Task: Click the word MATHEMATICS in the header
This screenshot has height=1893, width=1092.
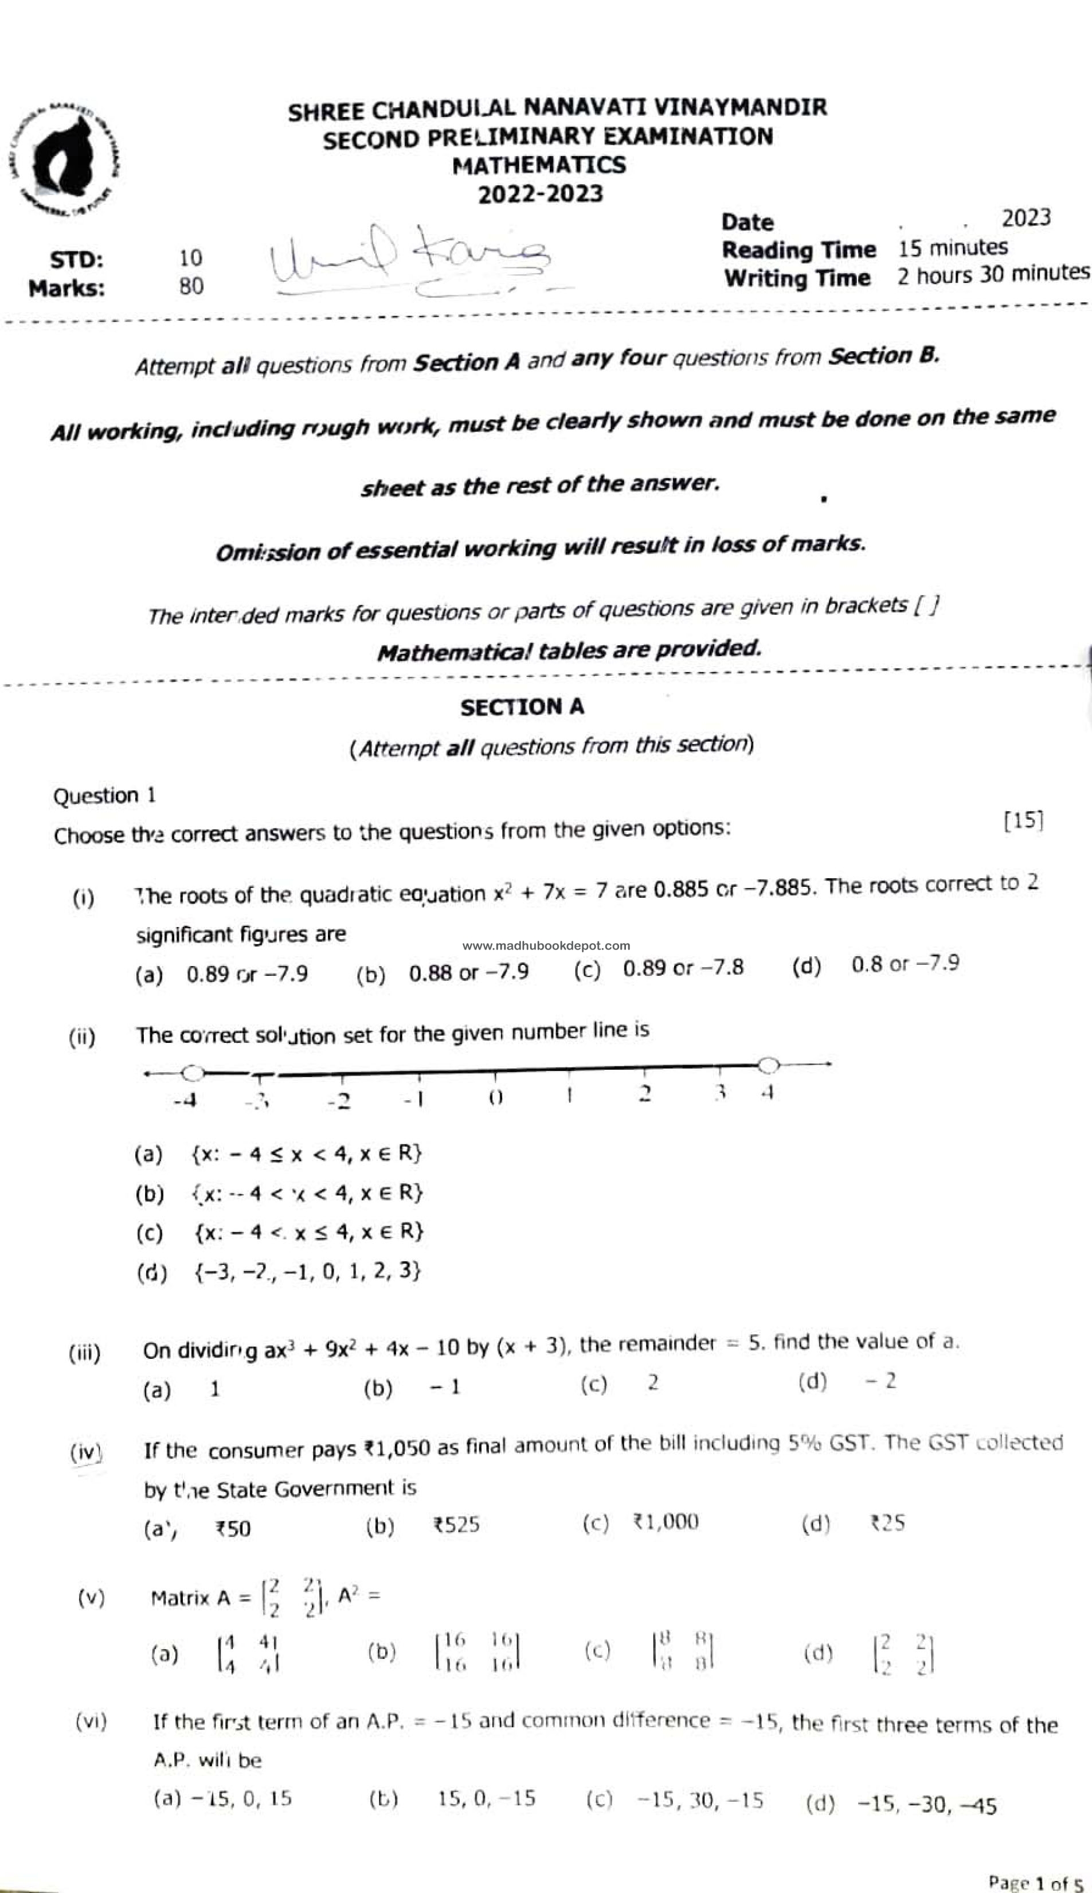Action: [538, 165]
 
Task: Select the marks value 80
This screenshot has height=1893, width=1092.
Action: [191, 287]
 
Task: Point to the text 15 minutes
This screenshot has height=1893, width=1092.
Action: [953, 248]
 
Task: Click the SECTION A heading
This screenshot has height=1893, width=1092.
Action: [522, 707]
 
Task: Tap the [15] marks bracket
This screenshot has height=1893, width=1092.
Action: [1023, 820]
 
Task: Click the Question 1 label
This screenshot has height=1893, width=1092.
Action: [104, 795]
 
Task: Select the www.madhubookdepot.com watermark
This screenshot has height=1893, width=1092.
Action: [546, 946]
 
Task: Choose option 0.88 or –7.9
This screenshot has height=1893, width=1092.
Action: [468, 972]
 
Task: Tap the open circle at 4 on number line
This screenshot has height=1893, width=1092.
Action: [768, 1065]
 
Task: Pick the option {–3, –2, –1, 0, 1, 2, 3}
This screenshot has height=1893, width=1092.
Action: [307, 1271]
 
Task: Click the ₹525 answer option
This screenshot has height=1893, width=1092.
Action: [455, 1525]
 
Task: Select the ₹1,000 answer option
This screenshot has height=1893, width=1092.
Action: [666, 1522]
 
